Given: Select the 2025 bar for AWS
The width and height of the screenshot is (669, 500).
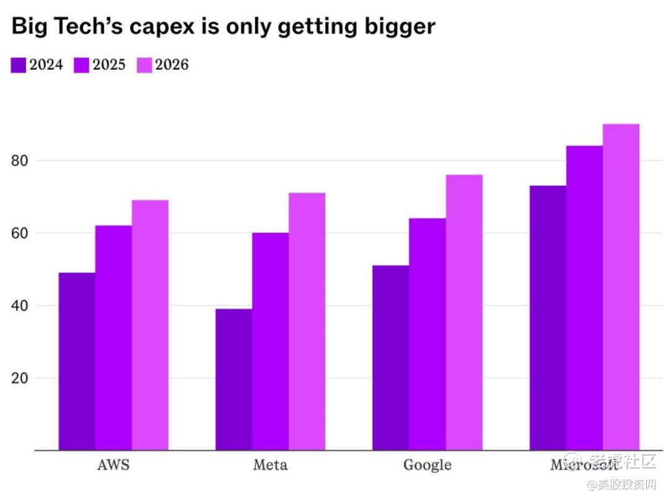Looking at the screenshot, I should coord(113,338).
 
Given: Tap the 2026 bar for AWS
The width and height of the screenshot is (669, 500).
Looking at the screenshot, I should coord(150,325).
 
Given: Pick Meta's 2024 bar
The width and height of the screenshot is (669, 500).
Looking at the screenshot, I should coord(234,379).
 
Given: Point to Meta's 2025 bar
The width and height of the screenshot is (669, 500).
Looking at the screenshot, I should coord(270,341).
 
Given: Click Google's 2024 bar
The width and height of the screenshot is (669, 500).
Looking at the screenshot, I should coord(390,357).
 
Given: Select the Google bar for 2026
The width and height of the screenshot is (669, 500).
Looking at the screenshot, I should coord(464,312).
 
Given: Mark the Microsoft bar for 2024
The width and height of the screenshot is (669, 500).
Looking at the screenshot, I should coord(548,318).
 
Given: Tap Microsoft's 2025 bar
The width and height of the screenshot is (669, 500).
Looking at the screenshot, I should coord(584,298).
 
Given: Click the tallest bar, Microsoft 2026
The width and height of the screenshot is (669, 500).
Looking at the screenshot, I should coord(621,287).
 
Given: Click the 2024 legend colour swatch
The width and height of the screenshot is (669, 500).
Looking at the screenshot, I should coord(19,65).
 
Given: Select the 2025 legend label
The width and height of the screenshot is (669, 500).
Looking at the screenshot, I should coord(109,64).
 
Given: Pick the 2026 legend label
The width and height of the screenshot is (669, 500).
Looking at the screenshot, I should coord(172,64).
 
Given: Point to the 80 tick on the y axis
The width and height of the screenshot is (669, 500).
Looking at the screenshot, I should coord(21,161).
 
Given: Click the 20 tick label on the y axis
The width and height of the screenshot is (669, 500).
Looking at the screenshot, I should coord(21,379).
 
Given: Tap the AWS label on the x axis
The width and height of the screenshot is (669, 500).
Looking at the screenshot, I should coord(113,465).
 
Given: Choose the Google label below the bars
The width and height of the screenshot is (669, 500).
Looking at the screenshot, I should coord(427,465).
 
